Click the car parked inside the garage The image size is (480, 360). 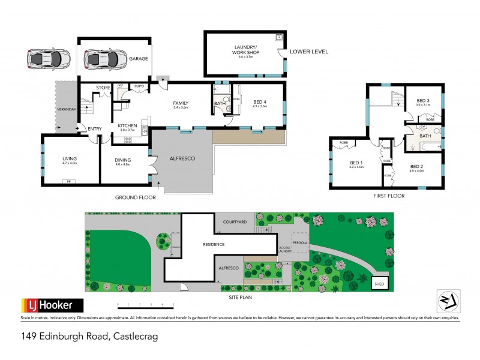(101, 59)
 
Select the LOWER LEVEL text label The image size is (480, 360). (309, 52)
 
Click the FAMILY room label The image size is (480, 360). (181, 103)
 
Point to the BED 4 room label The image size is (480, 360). (260, 101)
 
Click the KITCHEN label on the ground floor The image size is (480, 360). (127, 125)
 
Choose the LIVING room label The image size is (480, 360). (70, 159)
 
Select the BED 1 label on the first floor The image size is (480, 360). (356, 164)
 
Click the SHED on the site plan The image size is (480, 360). (380, 284)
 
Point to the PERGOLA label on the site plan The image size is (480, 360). (301, 243)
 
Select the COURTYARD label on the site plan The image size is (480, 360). (235, 222)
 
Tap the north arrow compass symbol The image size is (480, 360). (446, 300)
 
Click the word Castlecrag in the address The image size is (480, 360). (135, 338)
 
